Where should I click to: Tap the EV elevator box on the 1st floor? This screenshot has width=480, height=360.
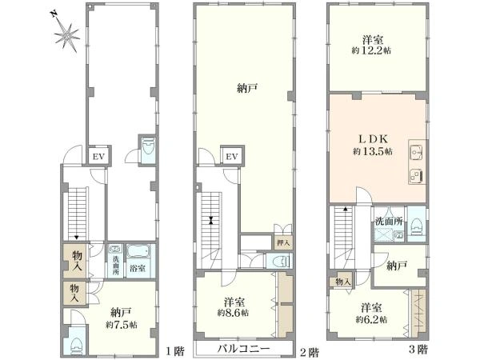tap(99, 157)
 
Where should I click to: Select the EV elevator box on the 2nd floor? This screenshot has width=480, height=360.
tap(232, 157)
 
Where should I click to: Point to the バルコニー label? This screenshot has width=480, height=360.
tap(244, 348)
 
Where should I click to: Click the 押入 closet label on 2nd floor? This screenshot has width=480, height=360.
tap(283, 244)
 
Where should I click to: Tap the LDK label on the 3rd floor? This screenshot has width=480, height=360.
tap(373, 139)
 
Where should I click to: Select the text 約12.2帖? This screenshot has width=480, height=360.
tap(371, 50)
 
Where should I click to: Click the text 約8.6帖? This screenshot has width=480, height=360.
tap(234, 313)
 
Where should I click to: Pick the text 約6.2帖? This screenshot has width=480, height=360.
tap(371, 319)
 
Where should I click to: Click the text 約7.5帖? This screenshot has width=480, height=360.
tap(122, 324)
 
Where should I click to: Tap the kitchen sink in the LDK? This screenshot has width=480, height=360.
tap(416, 151)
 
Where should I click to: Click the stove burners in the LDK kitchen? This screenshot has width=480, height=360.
tap(416, 175)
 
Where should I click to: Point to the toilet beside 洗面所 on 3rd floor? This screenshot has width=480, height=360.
tap(416, 227)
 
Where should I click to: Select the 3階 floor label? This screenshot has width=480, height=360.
tap(418, 349)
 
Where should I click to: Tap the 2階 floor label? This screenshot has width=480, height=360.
tap(309, 352)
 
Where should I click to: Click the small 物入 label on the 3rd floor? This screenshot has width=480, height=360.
tap(342, 282)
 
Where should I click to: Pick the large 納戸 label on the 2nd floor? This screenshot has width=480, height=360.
tap(247, 89)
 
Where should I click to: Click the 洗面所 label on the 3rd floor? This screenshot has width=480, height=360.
tap(389, 222)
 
